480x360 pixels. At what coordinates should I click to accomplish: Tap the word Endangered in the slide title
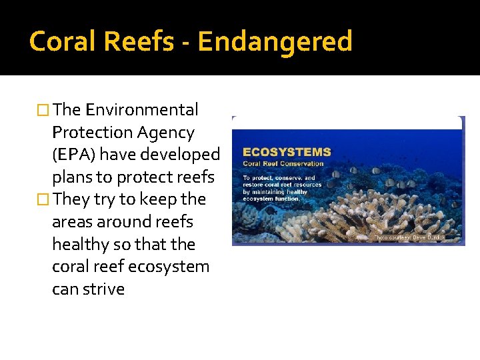275,41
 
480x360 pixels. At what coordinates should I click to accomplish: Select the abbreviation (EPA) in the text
74,155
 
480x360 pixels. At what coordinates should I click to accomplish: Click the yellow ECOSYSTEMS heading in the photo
287,152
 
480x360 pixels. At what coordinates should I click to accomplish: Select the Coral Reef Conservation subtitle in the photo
283,163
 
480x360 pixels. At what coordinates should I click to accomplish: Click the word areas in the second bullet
76,222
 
